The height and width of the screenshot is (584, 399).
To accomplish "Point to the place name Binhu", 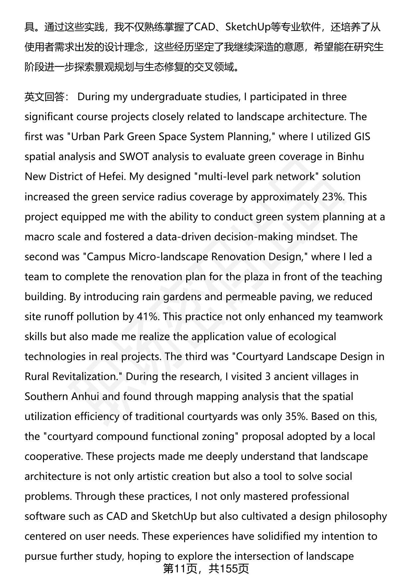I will click(351, 157).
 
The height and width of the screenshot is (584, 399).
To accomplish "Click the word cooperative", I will click(54, 456).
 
